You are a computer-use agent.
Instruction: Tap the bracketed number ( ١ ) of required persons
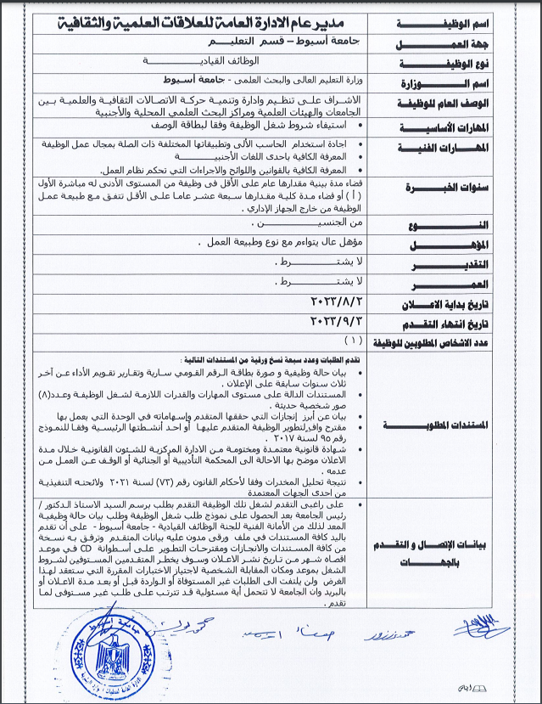click(350, 341)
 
